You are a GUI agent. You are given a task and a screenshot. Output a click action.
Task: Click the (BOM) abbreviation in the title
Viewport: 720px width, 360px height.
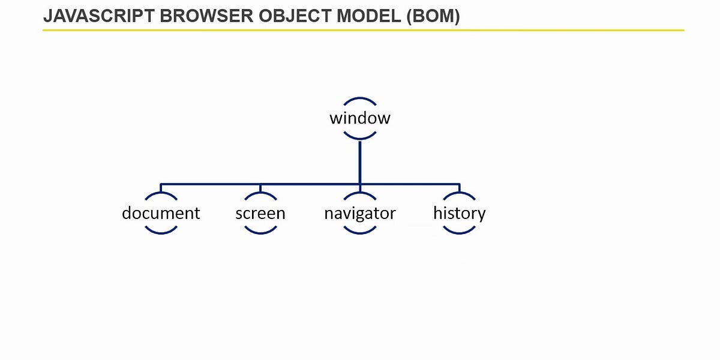pos(433,17)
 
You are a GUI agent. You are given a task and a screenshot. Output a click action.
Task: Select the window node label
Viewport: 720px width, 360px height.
pos(359,118)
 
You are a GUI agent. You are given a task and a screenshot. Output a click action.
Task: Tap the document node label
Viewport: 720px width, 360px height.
pos(161,213)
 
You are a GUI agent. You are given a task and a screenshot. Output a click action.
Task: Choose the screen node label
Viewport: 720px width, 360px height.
pos(260,213)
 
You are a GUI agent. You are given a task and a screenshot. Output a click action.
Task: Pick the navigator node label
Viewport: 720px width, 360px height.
pos(359,213)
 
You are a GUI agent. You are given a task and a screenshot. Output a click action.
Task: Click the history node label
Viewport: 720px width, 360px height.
pos(459,213)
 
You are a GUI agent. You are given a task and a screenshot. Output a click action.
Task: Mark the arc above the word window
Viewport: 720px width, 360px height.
pos(359,99)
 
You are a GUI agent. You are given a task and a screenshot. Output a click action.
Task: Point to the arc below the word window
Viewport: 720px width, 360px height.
pos(359,138)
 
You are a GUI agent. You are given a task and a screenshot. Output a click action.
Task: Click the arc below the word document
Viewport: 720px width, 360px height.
pos(161,232)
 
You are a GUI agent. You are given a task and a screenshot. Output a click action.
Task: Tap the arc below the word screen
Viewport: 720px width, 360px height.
pos(260,232)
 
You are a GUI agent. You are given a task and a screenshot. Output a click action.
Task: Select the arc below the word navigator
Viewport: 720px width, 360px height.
pos(359,232)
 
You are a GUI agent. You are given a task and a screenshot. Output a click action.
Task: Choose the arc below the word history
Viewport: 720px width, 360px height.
pos(459,232)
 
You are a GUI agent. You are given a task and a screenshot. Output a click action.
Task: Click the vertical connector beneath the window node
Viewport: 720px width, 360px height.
pos(359,162)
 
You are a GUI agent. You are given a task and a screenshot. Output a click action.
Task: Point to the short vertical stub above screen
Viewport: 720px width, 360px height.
pos(260,188)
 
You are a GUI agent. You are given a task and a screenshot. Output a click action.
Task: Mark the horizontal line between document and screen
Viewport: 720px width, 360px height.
pos(210,184)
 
